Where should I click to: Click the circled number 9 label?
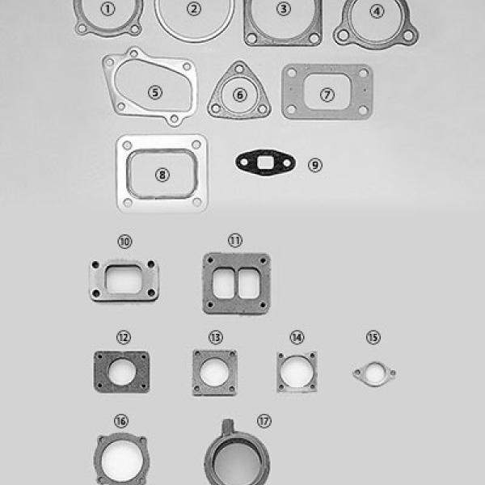point(315,165)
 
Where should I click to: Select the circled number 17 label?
point(264,421)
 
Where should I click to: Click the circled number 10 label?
point(125,241)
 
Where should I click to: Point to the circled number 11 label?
point(235,240)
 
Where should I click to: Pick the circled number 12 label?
point(124,337)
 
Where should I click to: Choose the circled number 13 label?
point(216,337)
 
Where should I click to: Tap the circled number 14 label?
point(297,337)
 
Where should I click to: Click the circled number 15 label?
point(373,337)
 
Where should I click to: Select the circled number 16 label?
point(121,421)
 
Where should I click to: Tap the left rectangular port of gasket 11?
point(224,284)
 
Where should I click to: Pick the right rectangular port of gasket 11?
point(249,284)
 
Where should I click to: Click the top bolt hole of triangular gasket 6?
point(239,69)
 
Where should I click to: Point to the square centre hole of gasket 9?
point(265,162)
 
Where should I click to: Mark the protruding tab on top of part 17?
point(228,426)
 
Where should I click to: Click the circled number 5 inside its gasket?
point(155,92)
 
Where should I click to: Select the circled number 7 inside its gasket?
point(327,95)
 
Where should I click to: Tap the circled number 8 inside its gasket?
point(162,175)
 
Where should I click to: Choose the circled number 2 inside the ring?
point(194,9)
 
